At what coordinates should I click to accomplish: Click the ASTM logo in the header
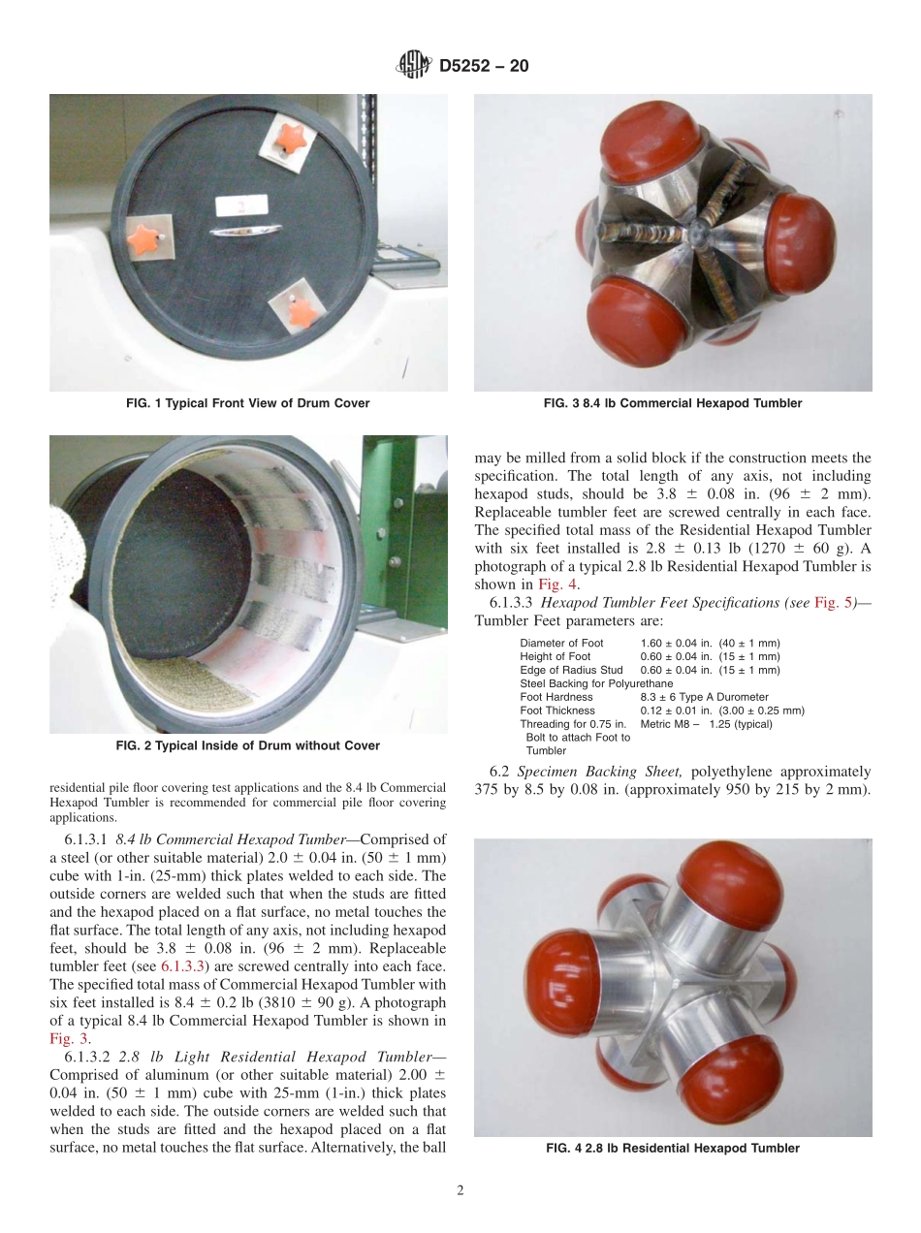point(414,66)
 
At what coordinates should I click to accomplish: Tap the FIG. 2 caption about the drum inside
point(248,745)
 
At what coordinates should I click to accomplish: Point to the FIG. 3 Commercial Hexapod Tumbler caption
point(673,403)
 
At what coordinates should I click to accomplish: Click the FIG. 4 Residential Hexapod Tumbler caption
point(673,1148)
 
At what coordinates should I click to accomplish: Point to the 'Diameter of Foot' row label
point(561,643)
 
